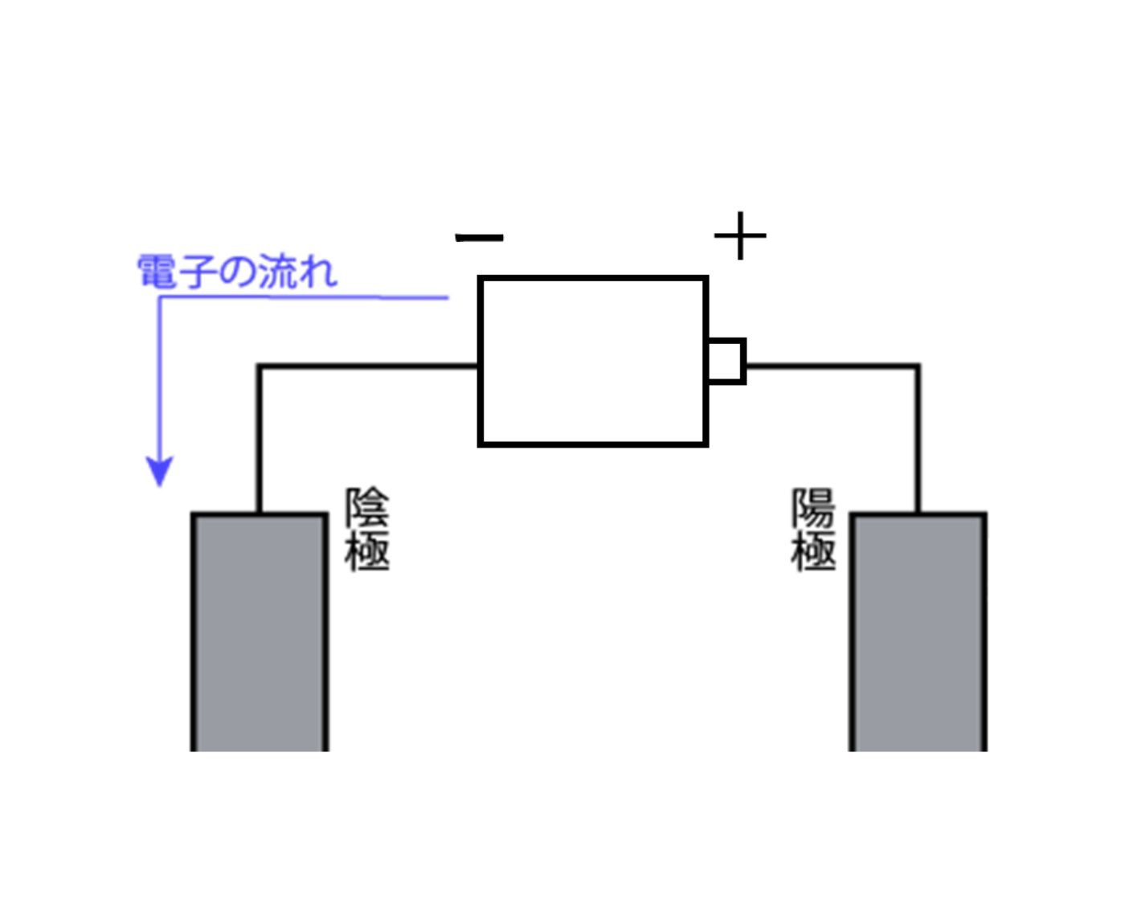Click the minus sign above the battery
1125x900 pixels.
(x=480, y=237)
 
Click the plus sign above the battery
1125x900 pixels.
(x=740, y=236)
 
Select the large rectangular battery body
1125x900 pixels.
(x=593, y=361)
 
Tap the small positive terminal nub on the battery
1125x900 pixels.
(x=726, y=361)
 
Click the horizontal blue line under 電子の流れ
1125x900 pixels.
(x=305, y=297)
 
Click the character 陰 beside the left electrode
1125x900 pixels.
(x=367, y=508)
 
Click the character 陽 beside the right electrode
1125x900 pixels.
(x=814, y=508)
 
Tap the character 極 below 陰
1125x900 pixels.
(x=367, y=551)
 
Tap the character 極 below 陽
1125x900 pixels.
(x=814, y=551)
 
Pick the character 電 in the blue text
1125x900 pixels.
(x=157, y=272)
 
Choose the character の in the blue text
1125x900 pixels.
(x=237, y=272)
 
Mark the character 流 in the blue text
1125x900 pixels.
(x=277, y=272)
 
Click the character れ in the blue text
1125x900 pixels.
(x=317, y=272)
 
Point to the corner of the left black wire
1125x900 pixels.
(x=260, y=366)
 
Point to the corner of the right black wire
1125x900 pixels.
(x=918, y=366)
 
